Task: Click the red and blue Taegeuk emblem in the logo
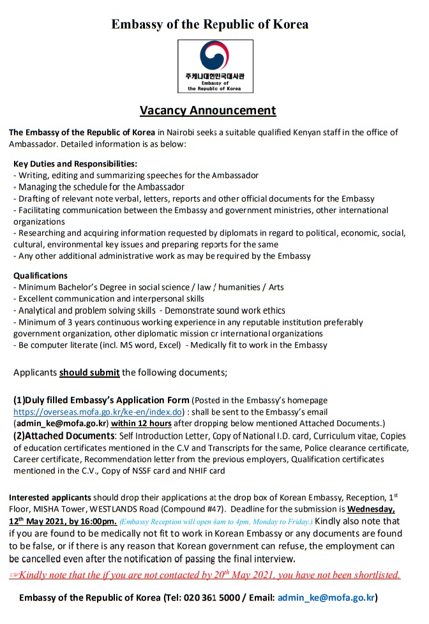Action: tap(214, 56)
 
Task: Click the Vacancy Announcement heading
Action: tap(208, 110)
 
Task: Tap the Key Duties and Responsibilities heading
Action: tap(75, 163)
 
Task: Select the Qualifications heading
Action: tap(40, 276)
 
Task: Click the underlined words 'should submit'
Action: tap(89, 372)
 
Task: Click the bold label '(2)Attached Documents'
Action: tap(63, 436)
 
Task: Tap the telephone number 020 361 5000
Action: tap(223, 598)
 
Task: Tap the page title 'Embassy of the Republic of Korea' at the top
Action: tap(210, 24)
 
